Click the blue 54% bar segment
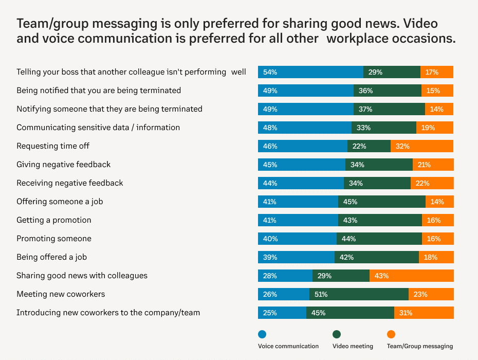coord(310,72)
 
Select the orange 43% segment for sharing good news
coord(411,276)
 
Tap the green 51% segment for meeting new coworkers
coord(359,294)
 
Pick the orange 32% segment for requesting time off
coord(421,146)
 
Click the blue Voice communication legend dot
coord(262,334)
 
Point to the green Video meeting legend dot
coord(337,334)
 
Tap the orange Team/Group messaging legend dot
coord(391,334)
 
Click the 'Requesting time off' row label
coord(53,146)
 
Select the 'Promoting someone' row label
coord(54,239)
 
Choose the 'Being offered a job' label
coord(55,257)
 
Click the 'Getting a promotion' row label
coord(54,220)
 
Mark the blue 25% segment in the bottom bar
coord(282,313)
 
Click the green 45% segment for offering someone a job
coord(381,202)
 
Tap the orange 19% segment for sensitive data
coord(435,128)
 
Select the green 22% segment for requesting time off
coord(369,146)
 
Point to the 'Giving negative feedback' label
coord(64,165)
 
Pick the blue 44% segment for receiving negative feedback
coord(301,183)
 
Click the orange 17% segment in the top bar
coord(437,72)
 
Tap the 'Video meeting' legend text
coord(353,346)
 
